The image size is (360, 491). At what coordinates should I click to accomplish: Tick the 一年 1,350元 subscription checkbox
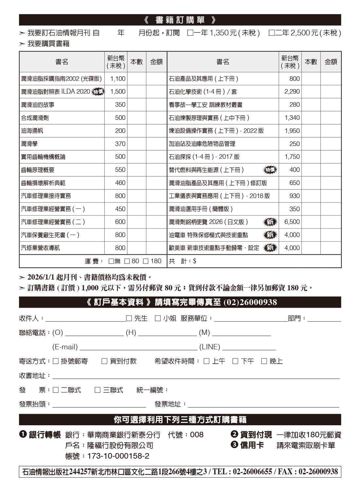190,33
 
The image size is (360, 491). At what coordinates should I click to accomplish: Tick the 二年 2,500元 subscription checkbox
271,33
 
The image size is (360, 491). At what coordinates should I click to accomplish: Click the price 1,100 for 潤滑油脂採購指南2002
117,79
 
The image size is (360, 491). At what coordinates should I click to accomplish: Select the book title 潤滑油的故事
38,105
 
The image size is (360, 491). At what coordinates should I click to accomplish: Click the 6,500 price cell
292,222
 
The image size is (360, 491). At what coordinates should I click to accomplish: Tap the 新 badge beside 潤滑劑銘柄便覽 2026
270,222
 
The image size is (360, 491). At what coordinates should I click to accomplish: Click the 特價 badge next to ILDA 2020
98,92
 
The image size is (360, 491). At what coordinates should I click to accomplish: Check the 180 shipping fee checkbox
146,261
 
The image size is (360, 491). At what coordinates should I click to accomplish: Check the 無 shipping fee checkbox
111,261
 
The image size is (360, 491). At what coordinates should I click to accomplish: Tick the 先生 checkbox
129,318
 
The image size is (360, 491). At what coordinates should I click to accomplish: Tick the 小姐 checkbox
158,318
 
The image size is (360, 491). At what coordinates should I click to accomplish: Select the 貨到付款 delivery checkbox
104,361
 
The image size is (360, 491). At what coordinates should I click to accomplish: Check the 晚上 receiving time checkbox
264,361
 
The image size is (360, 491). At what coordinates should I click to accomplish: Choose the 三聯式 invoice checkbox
98,390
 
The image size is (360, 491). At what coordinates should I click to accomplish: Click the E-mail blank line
138,348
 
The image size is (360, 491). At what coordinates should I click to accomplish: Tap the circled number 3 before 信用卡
234,445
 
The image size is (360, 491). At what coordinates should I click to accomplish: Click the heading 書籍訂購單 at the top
180,20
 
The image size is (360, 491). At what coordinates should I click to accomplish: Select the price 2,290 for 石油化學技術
292,92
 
